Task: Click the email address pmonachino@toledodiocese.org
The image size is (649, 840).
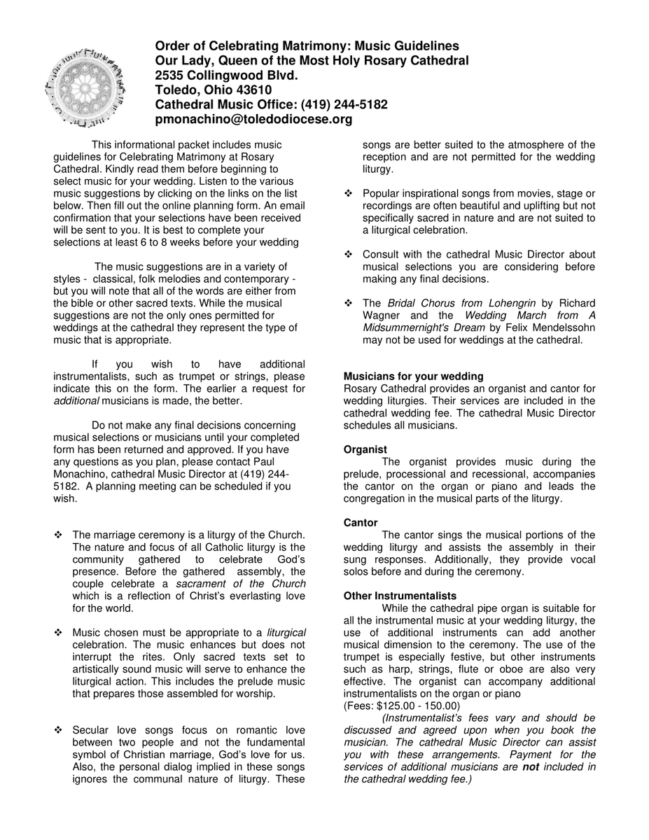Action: tap(253, 120)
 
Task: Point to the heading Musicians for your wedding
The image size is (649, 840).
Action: tap(413, 377)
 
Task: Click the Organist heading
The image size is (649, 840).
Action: tap(365, 449)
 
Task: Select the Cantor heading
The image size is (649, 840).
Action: tap(361, 523)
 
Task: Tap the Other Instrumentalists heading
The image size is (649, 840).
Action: tap(400, 596)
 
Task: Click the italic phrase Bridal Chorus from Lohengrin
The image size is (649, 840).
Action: tap(461, 303)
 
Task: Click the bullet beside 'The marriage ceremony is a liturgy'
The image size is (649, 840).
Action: tap(59, 535)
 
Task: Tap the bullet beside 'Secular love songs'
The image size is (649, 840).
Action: tap(59, 730)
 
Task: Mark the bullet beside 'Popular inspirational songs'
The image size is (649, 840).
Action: tap(349, 193)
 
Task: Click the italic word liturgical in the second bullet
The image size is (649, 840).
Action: tap(286, 632)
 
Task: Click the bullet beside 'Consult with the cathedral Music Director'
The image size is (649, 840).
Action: tap(349, 254)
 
